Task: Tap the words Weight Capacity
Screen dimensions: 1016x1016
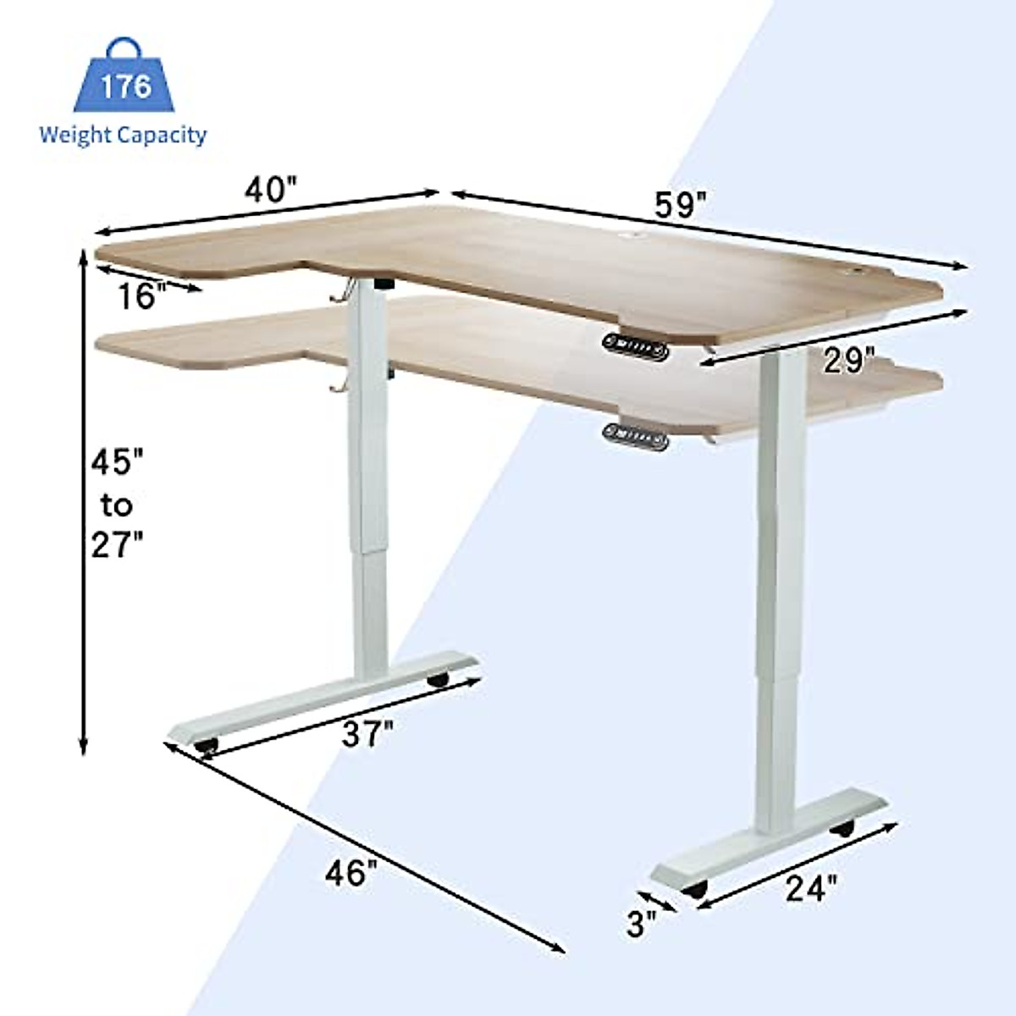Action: point(123,135)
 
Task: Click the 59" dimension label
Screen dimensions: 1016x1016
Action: point(680,205)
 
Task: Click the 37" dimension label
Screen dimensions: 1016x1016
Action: point(367,733)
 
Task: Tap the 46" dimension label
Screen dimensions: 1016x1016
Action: point(351,872)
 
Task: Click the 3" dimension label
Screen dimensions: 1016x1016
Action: point(641,923)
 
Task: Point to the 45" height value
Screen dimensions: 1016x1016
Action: point(118,462)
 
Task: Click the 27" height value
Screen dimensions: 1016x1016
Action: point(118,544)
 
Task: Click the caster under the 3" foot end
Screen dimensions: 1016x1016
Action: point(696,890)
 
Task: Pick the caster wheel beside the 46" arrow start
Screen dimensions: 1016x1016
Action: point(206,746)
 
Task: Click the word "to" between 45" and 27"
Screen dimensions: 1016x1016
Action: point(117,505)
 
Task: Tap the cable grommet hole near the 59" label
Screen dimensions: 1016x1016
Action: point(632,233)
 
